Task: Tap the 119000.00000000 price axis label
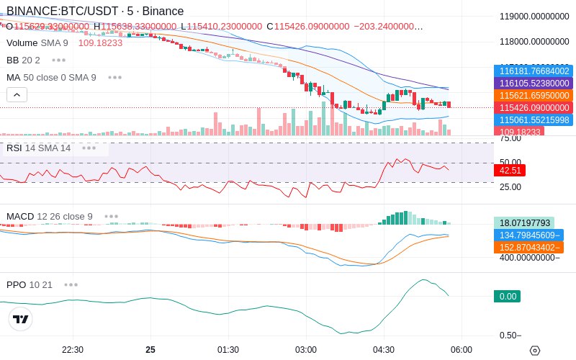(534, 17)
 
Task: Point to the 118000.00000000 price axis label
(534, 42)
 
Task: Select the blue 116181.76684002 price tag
(534, 71)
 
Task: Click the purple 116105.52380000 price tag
(534, 83)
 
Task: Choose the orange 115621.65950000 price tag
(534, 95)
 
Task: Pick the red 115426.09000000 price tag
(534, 107)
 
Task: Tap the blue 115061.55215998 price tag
(534, 120)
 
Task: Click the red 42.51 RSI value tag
(510, 171)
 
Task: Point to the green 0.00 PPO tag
(508, 296)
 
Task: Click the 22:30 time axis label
(73, 350)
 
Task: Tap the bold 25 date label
(150, 350)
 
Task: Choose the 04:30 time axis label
(384, 350)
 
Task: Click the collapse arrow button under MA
(17, 94)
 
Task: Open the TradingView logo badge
(21, 319)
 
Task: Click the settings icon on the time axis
(534, 350)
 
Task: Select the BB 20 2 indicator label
(23, 60)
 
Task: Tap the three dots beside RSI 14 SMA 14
(89, 148)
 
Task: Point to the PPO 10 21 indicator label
(30, 284)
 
